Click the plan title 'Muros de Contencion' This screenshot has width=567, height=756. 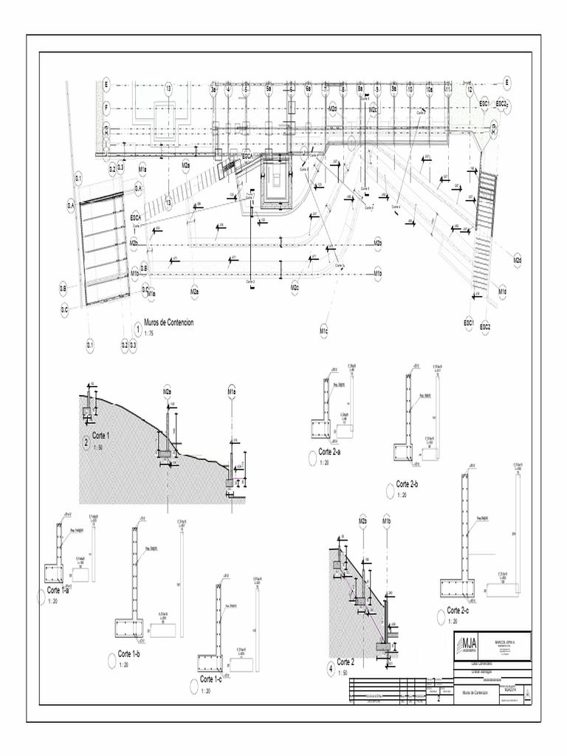point(169,323)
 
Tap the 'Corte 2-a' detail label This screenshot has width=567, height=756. point(329,452)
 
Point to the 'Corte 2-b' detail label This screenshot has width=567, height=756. point(408,484)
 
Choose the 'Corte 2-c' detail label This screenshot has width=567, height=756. point(458,610)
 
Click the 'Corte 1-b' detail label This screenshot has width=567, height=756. point(129,654)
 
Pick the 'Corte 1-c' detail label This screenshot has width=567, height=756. point(210,678)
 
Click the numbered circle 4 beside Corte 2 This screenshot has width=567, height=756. point(330,670)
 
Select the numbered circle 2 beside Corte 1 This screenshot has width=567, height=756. point(86,444)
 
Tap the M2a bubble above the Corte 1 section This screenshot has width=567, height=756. point(167,391)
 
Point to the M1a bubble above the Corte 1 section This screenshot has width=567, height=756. point(231,391)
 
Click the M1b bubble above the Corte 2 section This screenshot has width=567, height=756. point(386,523)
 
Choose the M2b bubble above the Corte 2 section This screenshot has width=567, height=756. point(363,523)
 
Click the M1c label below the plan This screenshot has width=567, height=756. point(323,332)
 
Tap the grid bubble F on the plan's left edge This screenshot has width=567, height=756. point(106,107)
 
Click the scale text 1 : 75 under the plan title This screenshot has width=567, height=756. point(150,334)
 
